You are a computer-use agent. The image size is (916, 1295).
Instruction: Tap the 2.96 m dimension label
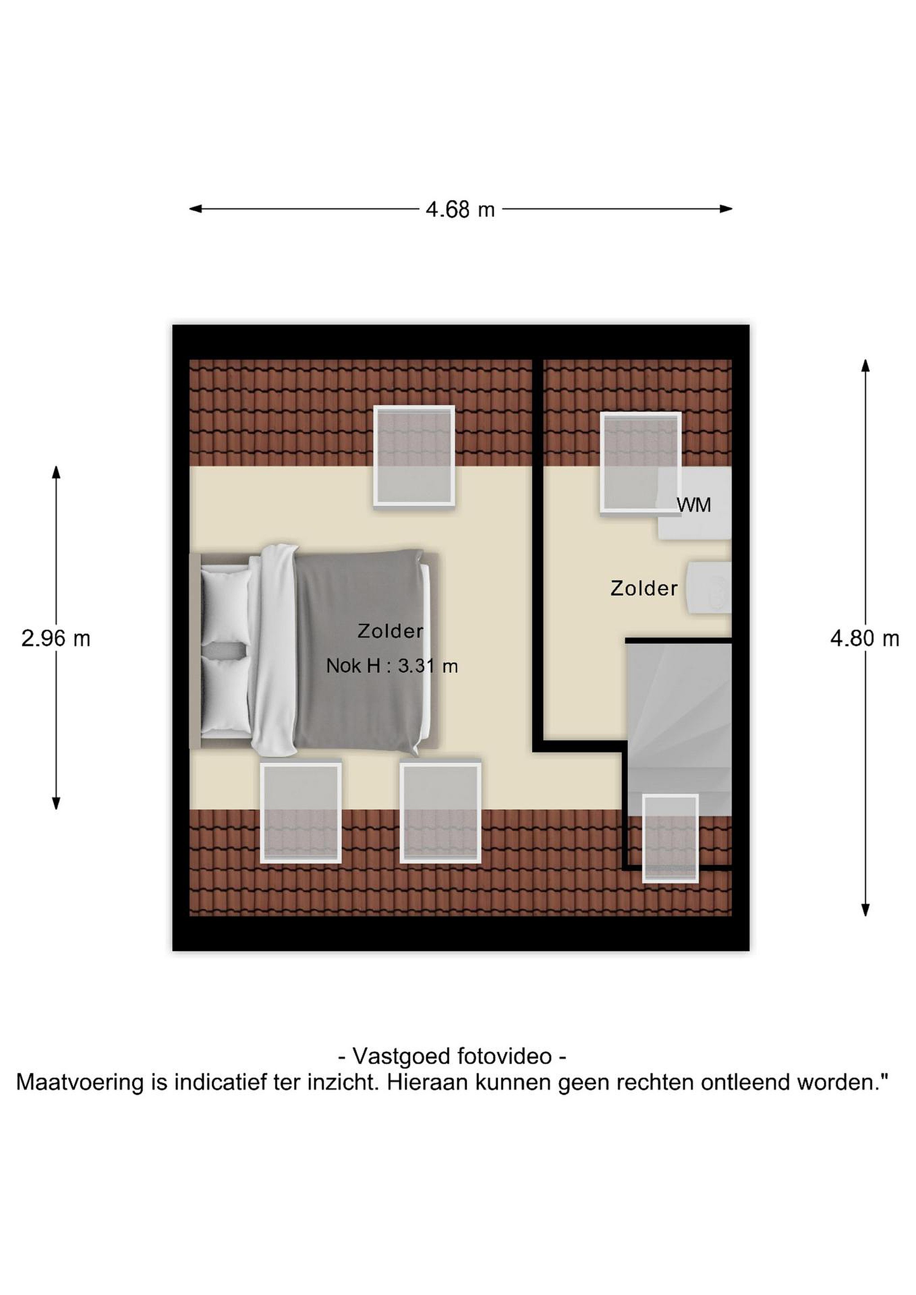tap(56, 639)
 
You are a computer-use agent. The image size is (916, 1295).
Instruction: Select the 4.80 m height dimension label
tap(865, 639)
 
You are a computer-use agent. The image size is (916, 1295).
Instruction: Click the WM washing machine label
tap(694, 505)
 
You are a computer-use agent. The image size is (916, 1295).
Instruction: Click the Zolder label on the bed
tap(390, 631)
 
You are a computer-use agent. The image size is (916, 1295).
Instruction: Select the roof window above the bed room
tap(414, 456)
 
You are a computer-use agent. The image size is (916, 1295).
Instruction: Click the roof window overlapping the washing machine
tap(641, 463)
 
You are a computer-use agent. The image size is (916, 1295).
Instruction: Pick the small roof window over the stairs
tap(670, 838)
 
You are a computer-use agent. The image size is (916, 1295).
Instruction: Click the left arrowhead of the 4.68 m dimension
tap(195, 209)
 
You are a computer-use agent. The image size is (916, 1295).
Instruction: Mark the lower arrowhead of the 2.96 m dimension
tap(56, 803)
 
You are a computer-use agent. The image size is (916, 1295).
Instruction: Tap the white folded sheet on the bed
tap(273, 650)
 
